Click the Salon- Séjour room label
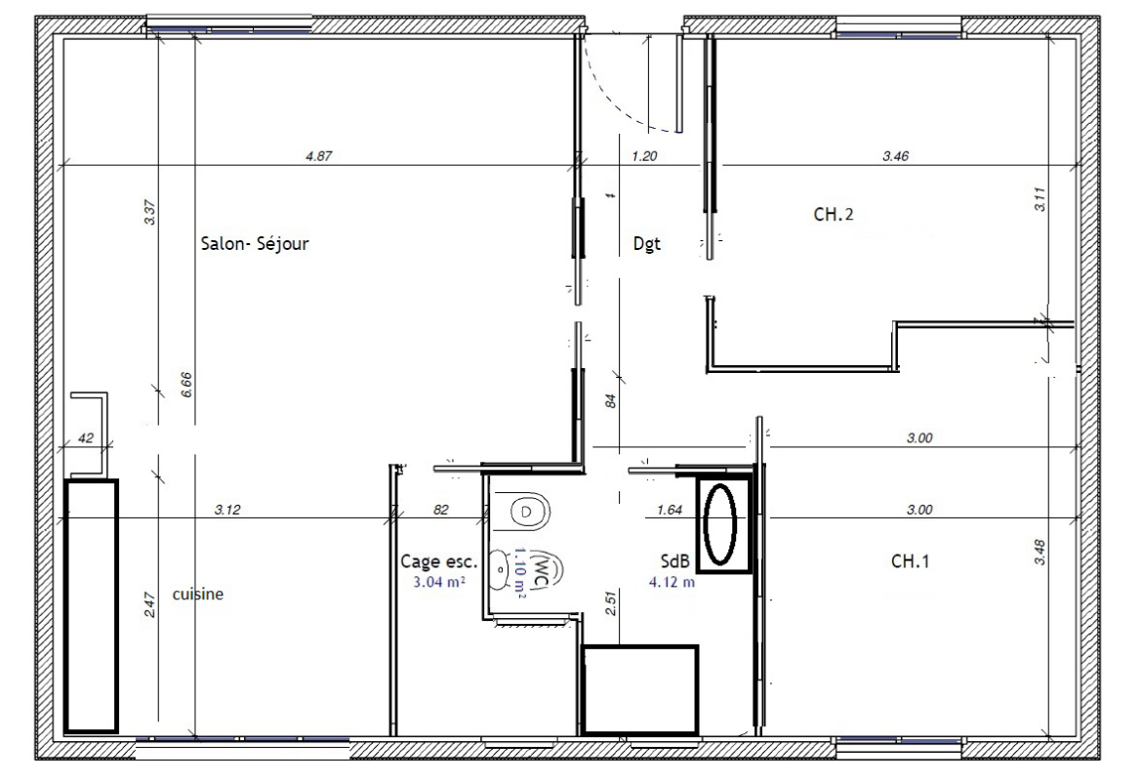coord(254,244)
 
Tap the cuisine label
coord(197,594)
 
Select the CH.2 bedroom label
coord(834,214)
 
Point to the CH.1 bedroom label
coord(910,560)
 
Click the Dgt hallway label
coord(647,244)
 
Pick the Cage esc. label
coord(439,561)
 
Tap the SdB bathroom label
coord(671,560)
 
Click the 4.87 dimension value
coord(319,156)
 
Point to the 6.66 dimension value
coord(186,384)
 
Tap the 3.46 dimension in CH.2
coord(895,156)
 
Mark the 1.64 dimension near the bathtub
coord(670,510)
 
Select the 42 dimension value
coord(85,437)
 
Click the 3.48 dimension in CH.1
coord(1040,552)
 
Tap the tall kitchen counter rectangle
coord(91,606)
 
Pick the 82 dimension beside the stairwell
coord(440,510)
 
